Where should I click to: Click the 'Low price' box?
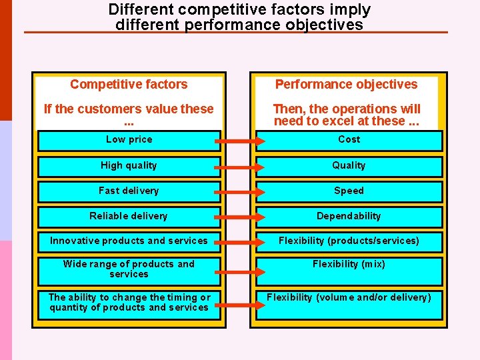(x=129, y=140)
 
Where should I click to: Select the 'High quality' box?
(x=129, y=166)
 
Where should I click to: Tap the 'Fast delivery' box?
(x=129, y=191)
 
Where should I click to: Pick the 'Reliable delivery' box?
(x=129, y=217)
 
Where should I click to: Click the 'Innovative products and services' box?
(x=129, y=241)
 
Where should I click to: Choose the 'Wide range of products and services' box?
(x=129, y=270)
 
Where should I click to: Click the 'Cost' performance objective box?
(x=349, y=140)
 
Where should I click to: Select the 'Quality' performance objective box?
(x=349, y=166)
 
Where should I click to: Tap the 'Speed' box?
(x=349, y=191)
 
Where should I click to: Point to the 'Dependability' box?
(x=349, y=217)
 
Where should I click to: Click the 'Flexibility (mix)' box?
(x=349, y=270)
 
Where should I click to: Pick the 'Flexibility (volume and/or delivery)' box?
(x=349, y=303)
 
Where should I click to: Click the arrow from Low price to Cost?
(x=239, y=141)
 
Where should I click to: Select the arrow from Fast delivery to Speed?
(x=239, y=192)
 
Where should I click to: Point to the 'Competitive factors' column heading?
(x=129, y=85)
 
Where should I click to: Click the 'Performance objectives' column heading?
(x=346, y=85)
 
